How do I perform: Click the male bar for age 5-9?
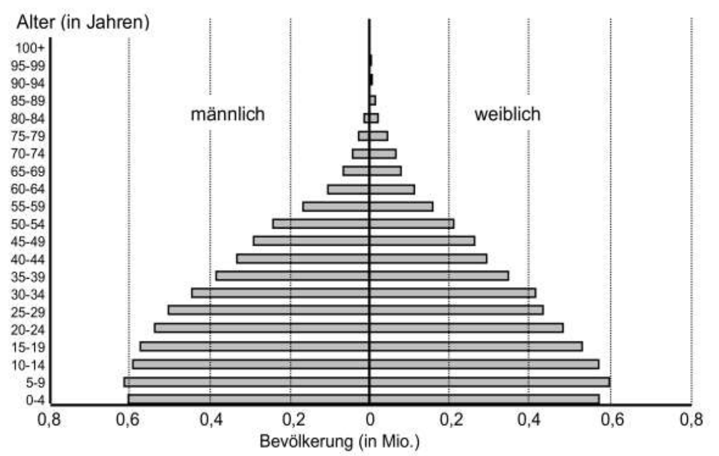pos(246,382)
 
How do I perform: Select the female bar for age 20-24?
pos(466,328)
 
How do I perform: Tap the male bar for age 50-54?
pos(320,224)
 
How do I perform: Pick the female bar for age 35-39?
pos(439,276)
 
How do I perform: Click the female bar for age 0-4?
pos(484,399)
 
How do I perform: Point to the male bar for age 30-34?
pos(280,293)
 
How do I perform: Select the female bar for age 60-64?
pos(391,189)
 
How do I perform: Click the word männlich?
pos(227,115)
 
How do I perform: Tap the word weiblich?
pos(507,115)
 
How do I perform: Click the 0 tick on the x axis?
pos(369,419)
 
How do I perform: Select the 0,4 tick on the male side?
pos(209,419)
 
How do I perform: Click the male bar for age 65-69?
pos(355,171)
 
